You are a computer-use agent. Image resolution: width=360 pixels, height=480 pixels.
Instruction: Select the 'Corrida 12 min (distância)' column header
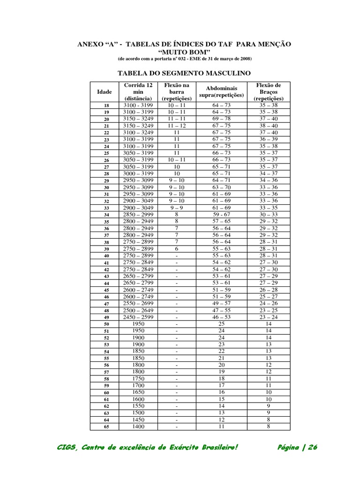click(138, 92)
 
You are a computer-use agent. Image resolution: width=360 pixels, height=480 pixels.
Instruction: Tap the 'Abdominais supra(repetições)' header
click(221, 91)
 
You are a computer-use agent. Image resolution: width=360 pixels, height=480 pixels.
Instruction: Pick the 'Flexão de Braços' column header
click(269, 92)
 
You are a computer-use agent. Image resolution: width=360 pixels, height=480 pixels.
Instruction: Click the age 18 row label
click(106, 106)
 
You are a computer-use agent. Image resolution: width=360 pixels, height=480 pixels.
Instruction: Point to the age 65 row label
click(106, 427)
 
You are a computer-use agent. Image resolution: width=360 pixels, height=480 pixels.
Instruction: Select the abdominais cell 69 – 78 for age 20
click(221, 119)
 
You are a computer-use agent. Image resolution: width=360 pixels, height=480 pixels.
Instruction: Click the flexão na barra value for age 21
click(177, 126)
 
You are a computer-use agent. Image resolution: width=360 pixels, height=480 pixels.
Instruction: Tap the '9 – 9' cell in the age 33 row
click(177, 208)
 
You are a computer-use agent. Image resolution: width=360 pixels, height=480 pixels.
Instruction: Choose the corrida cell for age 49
click(138, 317)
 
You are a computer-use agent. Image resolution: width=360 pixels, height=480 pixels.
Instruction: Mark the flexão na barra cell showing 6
click(177, 249)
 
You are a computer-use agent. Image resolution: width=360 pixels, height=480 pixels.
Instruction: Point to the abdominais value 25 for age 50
click(221, 324)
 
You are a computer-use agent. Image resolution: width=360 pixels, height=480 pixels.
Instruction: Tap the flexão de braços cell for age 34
click(269, 215)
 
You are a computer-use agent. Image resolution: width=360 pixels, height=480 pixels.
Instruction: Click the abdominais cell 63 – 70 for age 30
click(221, 187)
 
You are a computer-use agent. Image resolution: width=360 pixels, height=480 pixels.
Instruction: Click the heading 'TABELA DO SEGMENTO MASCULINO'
click(184, 73)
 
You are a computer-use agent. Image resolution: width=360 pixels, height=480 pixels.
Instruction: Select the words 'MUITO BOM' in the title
click(184, 51)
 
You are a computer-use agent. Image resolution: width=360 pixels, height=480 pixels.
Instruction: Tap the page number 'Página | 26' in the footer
click(298, 447)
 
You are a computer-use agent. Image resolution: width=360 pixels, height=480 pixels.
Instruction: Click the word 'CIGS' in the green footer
click(66, 447)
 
